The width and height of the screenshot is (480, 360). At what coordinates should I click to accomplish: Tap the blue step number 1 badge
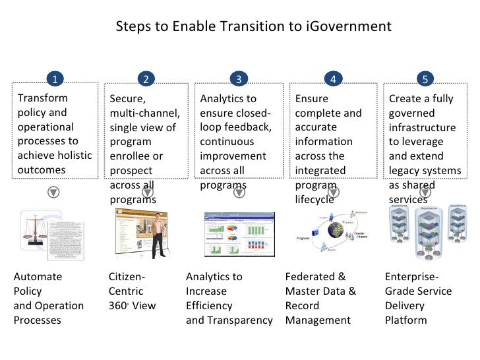(x=55, y=79)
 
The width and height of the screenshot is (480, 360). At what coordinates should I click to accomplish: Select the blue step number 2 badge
(x=146, y=79)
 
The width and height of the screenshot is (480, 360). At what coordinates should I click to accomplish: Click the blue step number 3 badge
(x=238, y=79)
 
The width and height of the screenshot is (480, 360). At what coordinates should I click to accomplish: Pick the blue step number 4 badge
(x=333, y=79)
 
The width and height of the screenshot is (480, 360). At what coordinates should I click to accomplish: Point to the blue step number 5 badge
(x=425, y=79)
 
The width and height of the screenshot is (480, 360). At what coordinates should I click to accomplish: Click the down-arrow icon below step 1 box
(x=55, y=192)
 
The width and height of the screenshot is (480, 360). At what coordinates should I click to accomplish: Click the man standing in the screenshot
(x=158, y=234)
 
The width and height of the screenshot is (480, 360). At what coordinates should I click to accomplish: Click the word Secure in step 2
(x=126, y=99)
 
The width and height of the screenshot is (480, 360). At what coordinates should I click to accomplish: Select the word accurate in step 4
(x=316, y=127)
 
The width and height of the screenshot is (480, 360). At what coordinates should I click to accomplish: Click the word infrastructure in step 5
(x=422, y=127)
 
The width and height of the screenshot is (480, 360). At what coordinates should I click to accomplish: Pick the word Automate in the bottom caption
(x=38, y=277)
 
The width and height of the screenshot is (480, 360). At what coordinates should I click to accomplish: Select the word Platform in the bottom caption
(x=405, y=320)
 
